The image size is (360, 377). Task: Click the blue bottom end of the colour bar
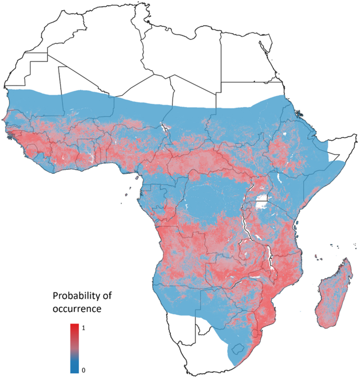click(75, 370)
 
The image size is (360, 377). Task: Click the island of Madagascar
click(334, 294)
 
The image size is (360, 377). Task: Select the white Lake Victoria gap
click(262, 203)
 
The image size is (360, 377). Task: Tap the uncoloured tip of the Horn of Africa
click(332, 156)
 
